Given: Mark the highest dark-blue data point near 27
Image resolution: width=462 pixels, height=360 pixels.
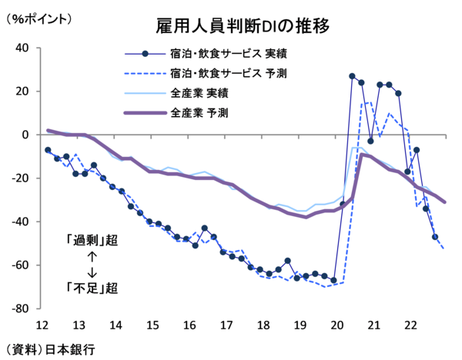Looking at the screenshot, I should (352, 76).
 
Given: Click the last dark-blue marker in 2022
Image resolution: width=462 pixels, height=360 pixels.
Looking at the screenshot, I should (435, 237).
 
